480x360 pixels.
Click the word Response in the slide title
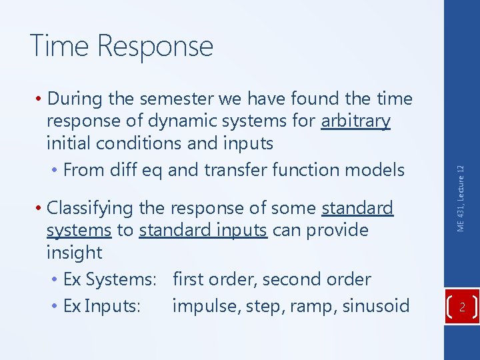click(155, 47)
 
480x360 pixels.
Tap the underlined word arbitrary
click(355, 121)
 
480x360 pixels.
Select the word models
click(375, 169)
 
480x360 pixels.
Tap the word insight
click(75, 253)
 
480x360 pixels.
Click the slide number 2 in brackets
click(461, 307)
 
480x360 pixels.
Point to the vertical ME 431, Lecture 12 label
click(461, 199)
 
